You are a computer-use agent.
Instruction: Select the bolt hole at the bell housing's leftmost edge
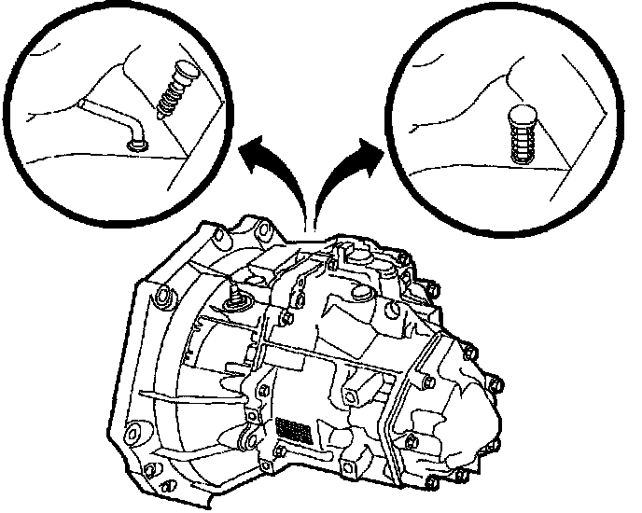pos(162,297)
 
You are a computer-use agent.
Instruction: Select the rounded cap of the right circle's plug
pos(525,118)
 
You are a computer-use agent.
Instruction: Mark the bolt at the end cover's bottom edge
pos(432,483)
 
